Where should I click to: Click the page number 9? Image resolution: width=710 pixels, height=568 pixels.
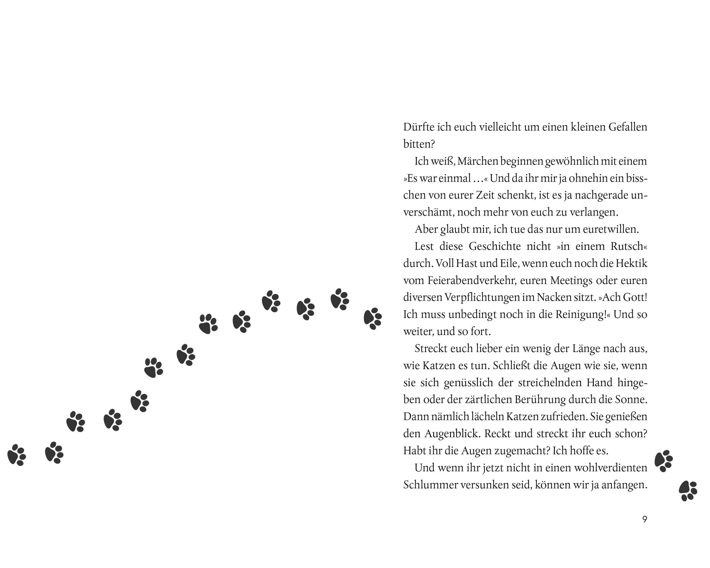pos(645,519)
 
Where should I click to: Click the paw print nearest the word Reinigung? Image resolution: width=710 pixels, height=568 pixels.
pos(373,318)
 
